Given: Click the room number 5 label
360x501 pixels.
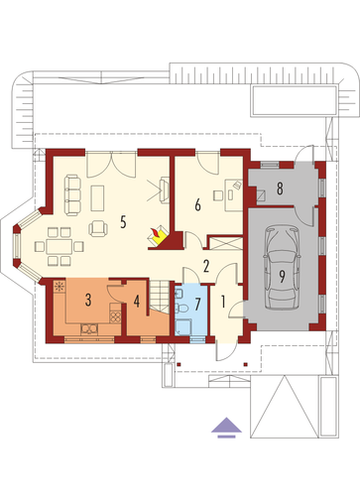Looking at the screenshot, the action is point(123,222).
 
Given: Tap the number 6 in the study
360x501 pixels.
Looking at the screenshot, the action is point(197,205).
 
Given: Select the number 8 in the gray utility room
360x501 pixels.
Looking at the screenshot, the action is point(280,188).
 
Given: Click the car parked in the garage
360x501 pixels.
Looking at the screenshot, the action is point(282,267).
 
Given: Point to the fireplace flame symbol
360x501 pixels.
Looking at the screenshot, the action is point(156,234).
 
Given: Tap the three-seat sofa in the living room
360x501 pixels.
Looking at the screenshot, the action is point(72,195).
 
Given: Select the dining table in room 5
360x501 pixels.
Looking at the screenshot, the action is point(60,246).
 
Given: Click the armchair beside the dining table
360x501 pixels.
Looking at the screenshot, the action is point(98,228).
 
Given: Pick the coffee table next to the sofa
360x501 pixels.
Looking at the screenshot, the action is point(97,197).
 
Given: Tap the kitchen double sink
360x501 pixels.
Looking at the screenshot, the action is point(89,328).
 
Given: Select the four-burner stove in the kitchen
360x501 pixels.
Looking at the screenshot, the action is point(115,316).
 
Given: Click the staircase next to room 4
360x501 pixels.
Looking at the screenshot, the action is point(159,297).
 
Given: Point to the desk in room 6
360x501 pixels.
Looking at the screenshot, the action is point(234,195).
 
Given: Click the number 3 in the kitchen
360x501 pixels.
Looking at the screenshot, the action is point(88,300).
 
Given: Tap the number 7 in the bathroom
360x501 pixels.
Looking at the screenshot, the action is point(197,304).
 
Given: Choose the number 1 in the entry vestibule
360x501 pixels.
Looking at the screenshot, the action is point(223,302).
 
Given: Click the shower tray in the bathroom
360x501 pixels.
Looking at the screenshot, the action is point(182,327).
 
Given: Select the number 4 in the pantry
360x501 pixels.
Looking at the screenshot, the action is point(137,301).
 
